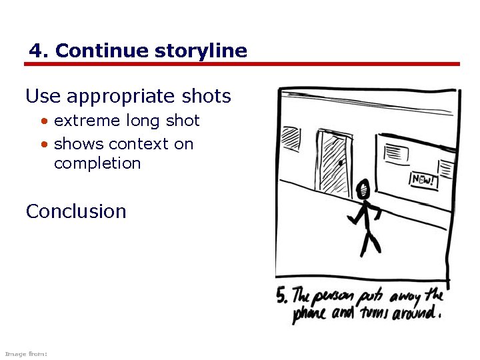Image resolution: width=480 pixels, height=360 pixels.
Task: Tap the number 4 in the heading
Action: (x=36, y=51)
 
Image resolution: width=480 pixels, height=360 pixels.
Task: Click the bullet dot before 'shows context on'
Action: (x=44, y=145)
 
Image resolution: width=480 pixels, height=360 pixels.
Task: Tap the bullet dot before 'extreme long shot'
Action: (x=44, y=122)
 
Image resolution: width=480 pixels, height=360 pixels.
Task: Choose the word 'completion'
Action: (x=97, y=163)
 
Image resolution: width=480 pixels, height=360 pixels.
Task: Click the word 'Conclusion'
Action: (x=76, y=211)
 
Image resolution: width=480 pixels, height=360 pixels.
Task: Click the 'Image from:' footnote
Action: (x=25, y=353)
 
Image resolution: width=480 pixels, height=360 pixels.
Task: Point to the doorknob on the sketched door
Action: (x=341, y=163)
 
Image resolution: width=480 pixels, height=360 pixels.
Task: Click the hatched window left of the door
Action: (x=291, y=139)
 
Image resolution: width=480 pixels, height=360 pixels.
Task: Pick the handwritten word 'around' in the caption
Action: (x=415, y=313)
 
